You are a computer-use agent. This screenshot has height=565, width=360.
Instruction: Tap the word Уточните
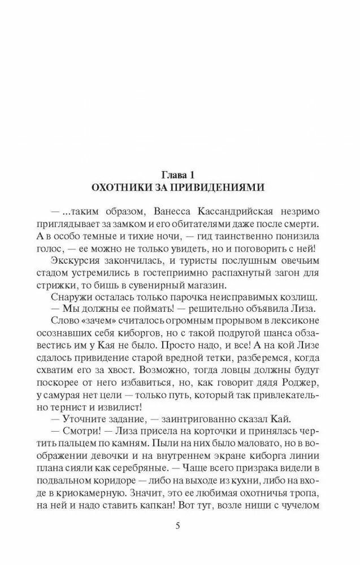pyautogui.click(x=85, y=419)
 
